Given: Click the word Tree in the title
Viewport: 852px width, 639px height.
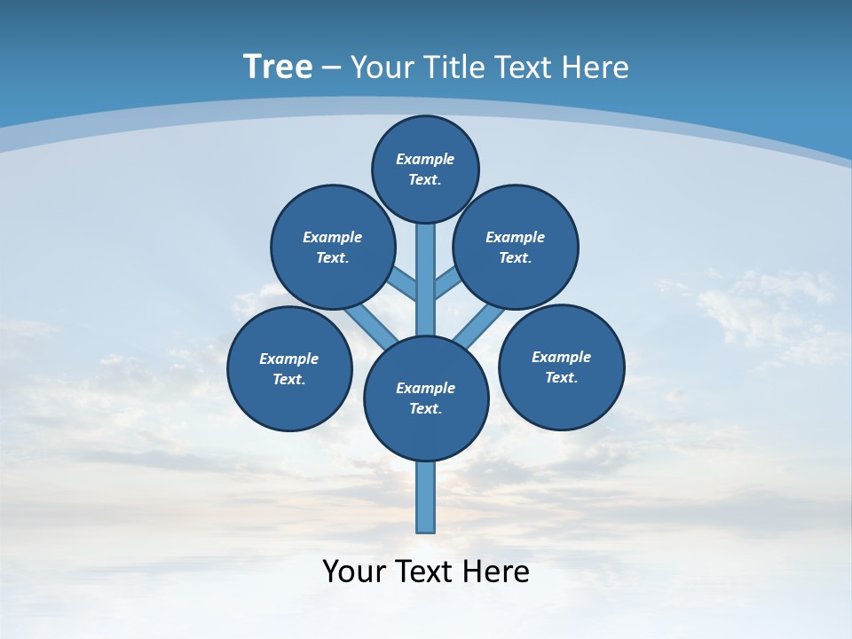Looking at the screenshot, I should [278, 67].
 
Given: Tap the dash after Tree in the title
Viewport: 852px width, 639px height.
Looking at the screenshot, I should [330, 68].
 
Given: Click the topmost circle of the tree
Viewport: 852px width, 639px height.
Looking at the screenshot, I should [425, 169].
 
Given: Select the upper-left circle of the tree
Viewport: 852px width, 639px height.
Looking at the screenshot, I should [333, 247].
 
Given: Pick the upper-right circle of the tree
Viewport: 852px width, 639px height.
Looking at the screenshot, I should [516, 247].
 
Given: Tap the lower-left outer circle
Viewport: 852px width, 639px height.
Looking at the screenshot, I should [289, 368].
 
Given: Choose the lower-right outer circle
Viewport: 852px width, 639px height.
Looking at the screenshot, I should [561, 367].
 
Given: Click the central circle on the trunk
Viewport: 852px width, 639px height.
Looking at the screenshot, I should [426, 398].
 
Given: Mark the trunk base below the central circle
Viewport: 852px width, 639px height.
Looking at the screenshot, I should [426, 497].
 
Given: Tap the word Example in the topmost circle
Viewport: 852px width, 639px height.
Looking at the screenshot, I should [425, 159].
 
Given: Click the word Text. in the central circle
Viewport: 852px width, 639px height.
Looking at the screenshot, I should [425, 408].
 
